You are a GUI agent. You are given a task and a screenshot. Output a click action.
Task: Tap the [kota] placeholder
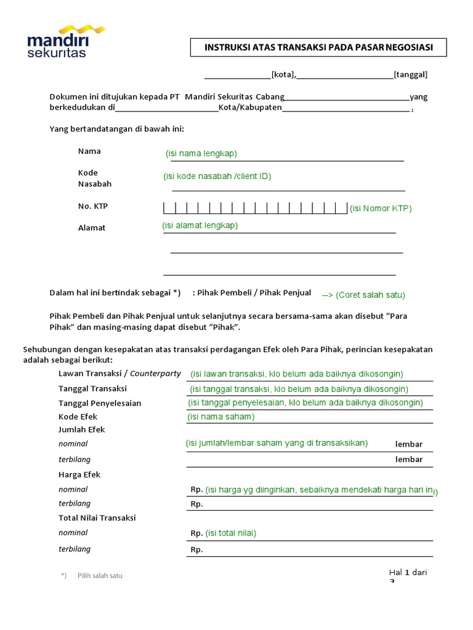283,75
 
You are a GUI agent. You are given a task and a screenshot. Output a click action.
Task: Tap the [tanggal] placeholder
410,75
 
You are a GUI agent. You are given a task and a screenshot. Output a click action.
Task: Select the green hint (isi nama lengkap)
201,153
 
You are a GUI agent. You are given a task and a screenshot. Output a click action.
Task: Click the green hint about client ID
217,176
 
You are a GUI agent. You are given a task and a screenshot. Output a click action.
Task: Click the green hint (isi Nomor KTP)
381,208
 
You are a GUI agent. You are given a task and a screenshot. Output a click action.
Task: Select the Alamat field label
92,228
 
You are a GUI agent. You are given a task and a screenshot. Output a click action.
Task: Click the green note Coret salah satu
363,295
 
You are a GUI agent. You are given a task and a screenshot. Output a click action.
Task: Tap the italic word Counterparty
155,373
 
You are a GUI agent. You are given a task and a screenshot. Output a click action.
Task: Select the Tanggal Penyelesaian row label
100,403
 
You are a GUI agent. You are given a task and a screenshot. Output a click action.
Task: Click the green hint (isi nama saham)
220,417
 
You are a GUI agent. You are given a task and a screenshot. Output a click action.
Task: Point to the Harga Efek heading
79,474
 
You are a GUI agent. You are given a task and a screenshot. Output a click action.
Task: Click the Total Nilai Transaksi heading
97,517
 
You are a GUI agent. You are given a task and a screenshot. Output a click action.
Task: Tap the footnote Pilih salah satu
100,575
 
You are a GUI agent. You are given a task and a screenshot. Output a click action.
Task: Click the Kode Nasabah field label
95,178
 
